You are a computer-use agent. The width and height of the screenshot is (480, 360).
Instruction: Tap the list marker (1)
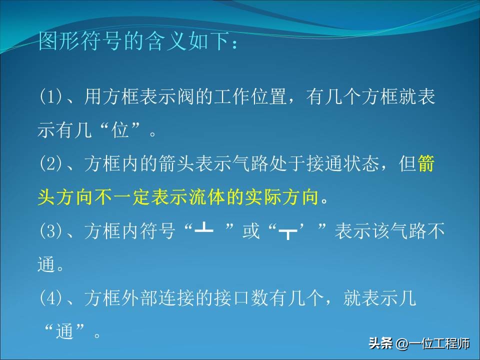(49, 97)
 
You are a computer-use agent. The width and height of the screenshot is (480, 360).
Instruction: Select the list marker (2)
(49, 164)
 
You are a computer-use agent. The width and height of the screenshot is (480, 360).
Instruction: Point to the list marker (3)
(49, 231)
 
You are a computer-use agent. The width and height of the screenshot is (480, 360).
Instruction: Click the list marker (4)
(49, 298)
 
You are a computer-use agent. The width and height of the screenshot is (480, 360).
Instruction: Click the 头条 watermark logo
(379, 344)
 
